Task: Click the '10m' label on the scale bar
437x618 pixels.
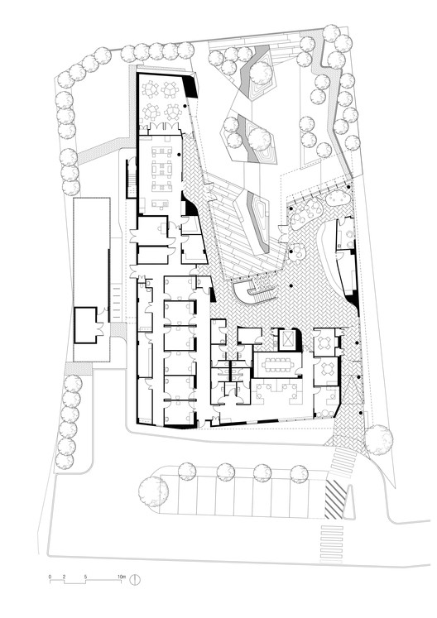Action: [121, 577]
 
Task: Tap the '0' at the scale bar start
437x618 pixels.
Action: [50, 577]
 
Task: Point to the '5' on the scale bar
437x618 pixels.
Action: [85, 577]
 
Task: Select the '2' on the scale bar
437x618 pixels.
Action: [64, 577]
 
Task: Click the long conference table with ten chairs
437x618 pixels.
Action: [277, 364]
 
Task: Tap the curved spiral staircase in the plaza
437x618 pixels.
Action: [253, 292]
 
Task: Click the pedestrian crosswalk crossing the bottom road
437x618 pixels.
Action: [331, 543]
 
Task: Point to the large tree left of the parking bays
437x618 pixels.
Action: [153, 491]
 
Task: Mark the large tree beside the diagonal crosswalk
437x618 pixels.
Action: [378, 439]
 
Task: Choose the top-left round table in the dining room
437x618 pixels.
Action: [151, 91]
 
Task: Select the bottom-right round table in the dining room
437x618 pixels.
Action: [172, 113]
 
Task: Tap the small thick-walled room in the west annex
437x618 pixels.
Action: [85, 326]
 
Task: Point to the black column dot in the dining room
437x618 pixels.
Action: [185, 107]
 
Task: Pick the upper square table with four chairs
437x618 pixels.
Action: [326, 342]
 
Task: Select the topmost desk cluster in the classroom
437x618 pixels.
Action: [162, 151]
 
